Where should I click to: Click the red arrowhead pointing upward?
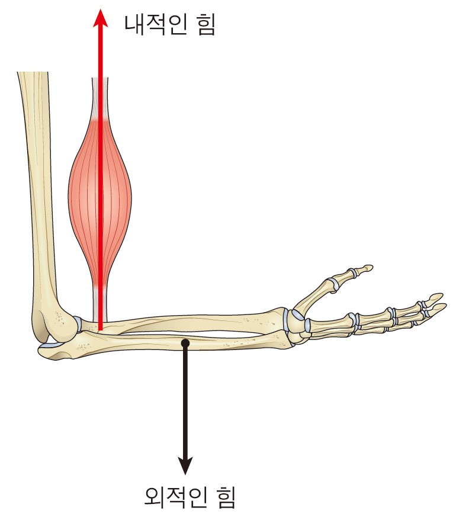coord(100,18)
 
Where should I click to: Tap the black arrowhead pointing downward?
coord(185,465)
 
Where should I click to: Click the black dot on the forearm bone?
coord(186,343)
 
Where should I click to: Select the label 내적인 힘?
coord(170,24)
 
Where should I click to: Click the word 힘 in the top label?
coord(206,24)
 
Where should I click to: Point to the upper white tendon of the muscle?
coord(100,98)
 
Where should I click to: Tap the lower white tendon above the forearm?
coord(100,303)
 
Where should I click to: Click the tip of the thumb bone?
coord(369,267)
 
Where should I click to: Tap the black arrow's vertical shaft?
coord(185,402)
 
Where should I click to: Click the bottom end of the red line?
coord(101,330)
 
